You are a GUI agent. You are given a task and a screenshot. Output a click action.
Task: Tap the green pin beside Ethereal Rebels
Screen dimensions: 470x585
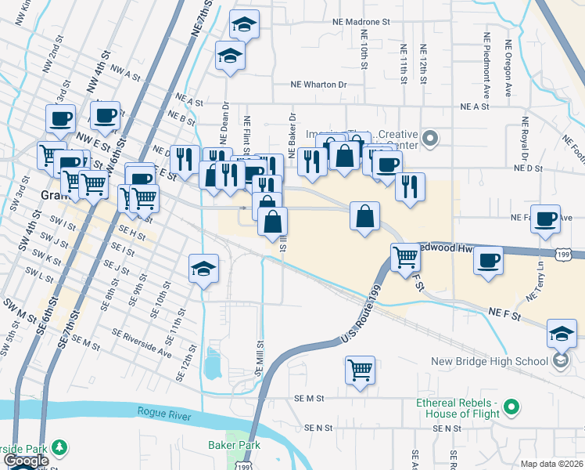click(511, 407)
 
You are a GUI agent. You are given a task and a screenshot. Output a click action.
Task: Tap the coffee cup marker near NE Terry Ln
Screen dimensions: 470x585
click(489, 260)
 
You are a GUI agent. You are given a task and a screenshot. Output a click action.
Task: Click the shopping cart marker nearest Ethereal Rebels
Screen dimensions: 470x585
click(360, 368)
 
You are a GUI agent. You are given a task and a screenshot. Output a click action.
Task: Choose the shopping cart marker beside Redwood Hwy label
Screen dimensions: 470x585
click(405, 256)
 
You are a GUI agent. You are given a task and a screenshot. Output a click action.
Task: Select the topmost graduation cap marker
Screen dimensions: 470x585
click(244, 25)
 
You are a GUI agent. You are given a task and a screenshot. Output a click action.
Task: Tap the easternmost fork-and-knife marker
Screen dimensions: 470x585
click(409, 186)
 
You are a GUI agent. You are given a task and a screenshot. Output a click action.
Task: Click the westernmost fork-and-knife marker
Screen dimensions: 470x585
click(185, 160)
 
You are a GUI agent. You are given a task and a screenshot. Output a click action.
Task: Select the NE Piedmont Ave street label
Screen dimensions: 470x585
click(487, 59)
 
